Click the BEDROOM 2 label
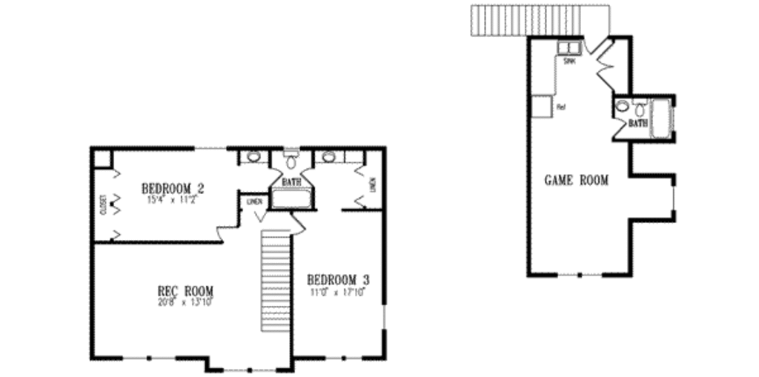[173, 187]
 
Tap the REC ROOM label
[186, 290]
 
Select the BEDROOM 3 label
[338, 280]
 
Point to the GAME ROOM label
[577, 180]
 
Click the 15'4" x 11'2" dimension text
[173, 198]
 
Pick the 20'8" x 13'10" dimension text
[185, 301]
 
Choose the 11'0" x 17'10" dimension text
[338, 291]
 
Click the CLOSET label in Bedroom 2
[103, 204]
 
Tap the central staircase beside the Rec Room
[274, 281]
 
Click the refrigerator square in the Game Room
[542, 106]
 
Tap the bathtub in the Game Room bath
[660, 119]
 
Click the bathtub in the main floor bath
[291, 199]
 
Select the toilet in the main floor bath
[291, 161]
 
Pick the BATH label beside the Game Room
[637, 123]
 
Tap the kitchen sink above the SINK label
[568, 48]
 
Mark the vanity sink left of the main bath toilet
[254, 157]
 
